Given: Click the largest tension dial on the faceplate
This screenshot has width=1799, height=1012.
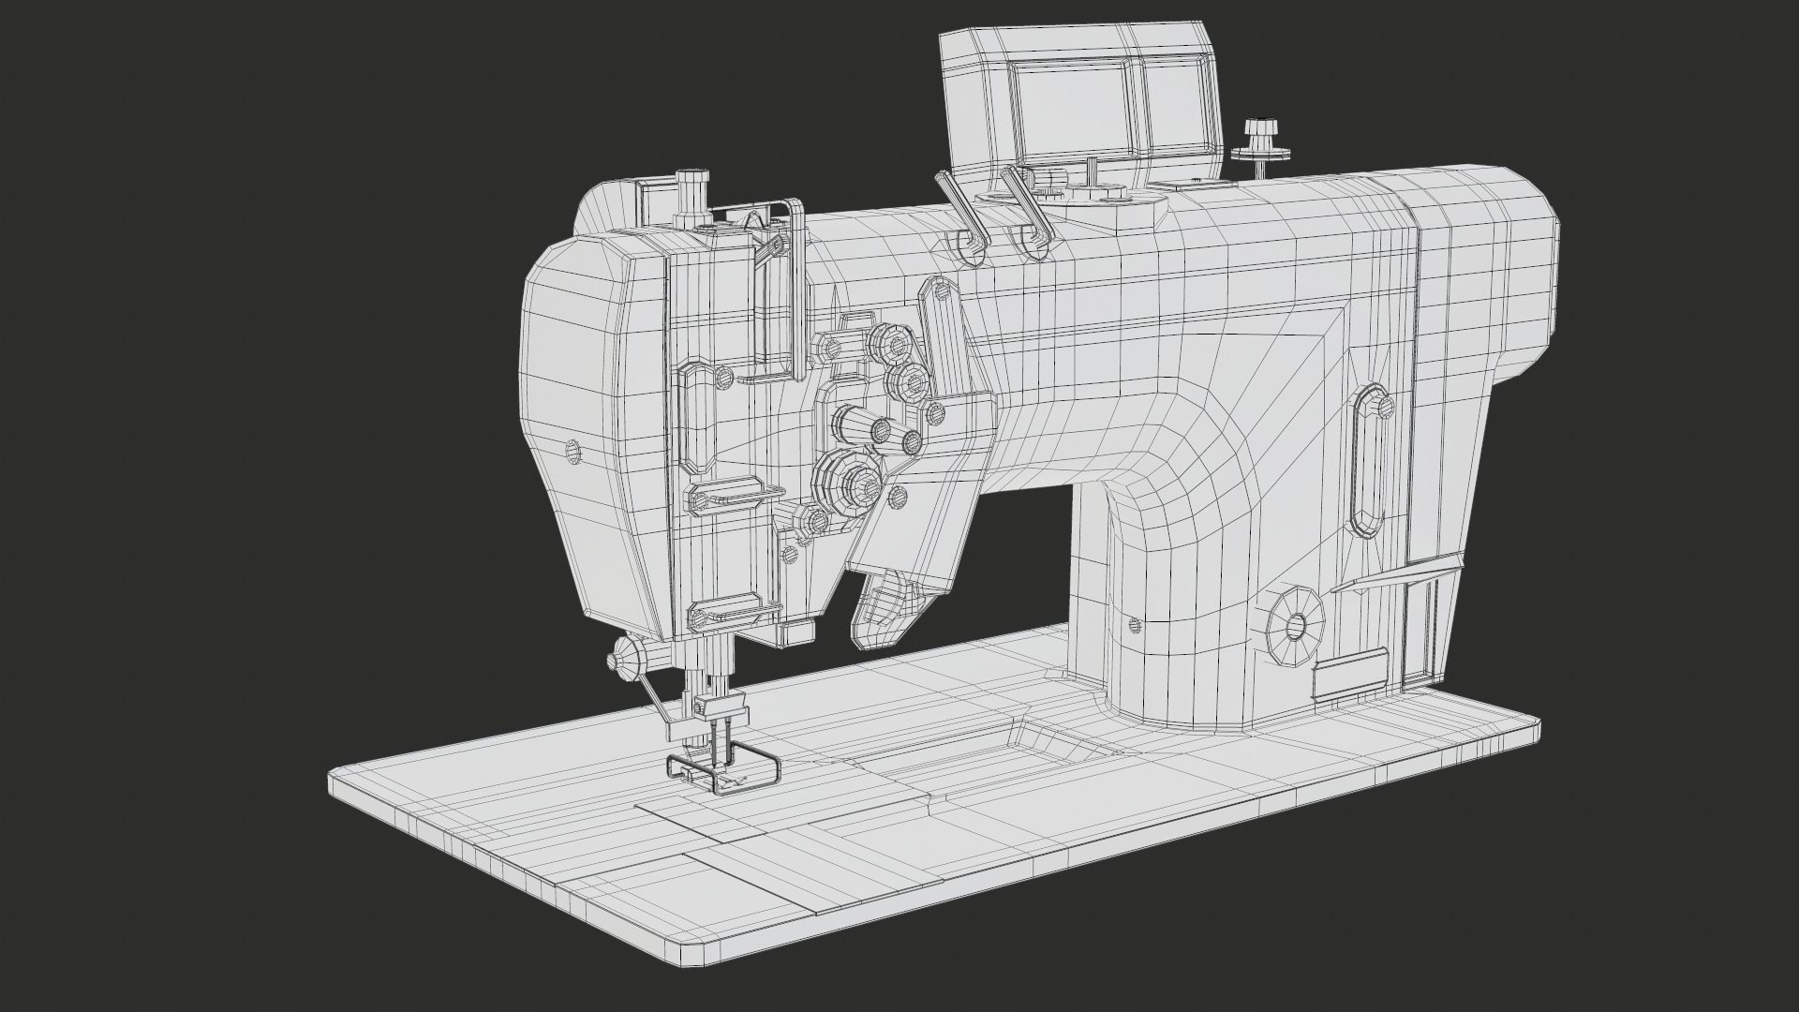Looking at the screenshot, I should tap(848, 483).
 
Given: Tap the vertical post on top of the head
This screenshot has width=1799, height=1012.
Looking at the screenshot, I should tap(691, 197).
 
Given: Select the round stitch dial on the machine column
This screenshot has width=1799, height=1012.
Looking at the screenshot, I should tap(1296, 626).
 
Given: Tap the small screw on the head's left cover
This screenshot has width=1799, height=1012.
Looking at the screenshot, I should tap(573, 452).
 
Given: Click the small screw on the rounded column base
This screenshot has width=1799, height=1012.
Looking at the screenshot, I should tap(1136, 624).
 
